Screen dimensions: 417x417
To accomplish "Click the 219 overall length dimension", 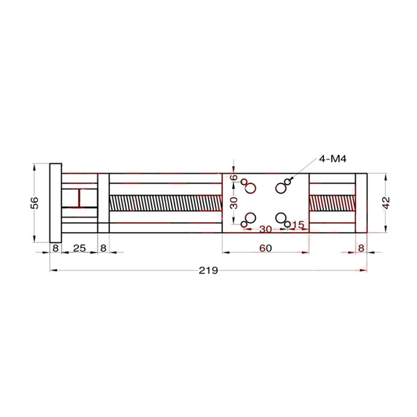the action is coord(208,271).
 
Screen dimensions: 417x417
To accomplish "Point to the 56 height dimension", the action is coord(35,203).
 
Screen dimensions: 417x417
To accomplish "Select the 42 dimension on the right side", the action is coord(386,203).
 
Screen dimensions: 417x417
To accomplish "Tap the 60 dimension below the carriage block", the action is coord(265,248).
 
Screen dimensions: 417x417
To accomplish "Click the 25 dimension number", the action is coord(79,248).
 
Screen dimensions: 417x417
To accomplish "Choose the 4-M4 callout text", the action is coord(333,159).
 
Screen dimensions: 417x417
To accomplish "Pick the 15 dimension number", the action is coord(298,225).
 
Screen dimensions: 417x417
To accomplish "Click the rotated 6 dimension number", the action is coord(234,177).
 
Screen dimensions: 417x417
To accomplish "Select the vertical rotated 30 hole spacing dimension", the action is coord(234,203).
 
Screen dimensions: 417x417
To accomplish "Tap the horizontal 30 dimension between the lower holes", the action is coord(265,229).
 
